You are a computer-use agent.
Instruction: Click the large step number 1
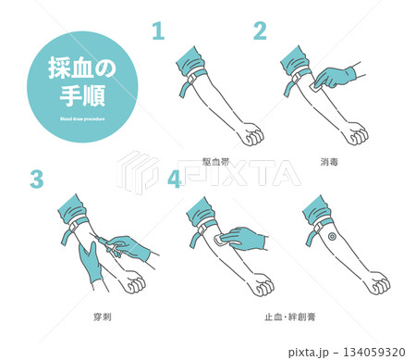point(158,31)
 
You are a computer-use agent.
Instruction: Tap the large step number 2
point(261,31)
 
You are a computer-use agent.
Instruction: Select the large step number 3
point(36,180)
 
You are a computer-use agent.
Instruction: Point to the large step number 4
point(174,180)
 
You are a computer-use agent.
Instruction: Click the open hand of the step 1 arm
point(224,137)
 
